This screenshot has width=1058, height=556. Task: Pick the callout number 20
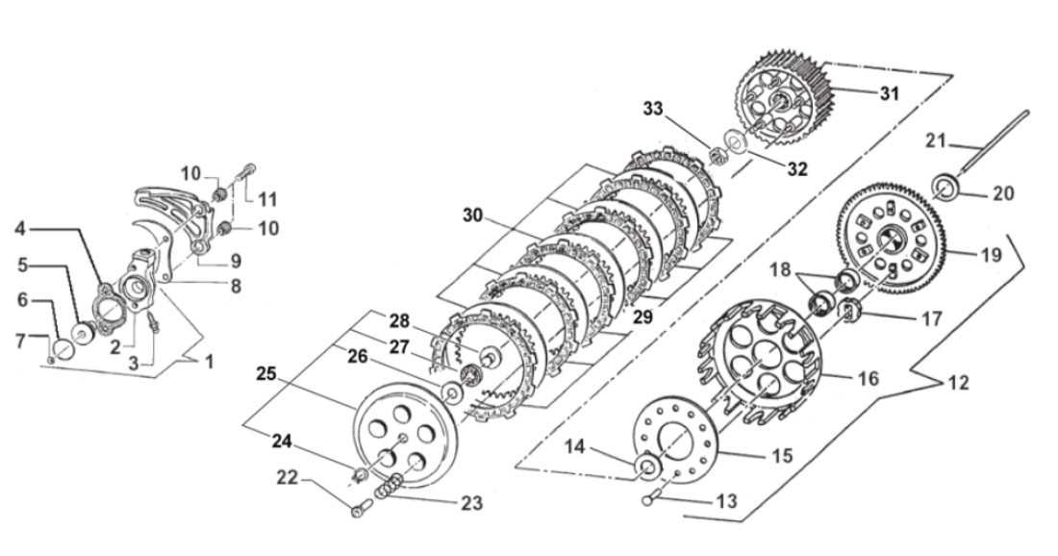point(1003,193)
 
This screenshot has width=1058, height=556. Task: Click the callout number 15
point(783,455)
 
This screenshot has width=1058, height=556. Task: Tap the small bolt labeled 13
point(649,499)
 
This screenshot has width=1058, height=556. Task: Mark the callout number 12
point(956,382)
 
